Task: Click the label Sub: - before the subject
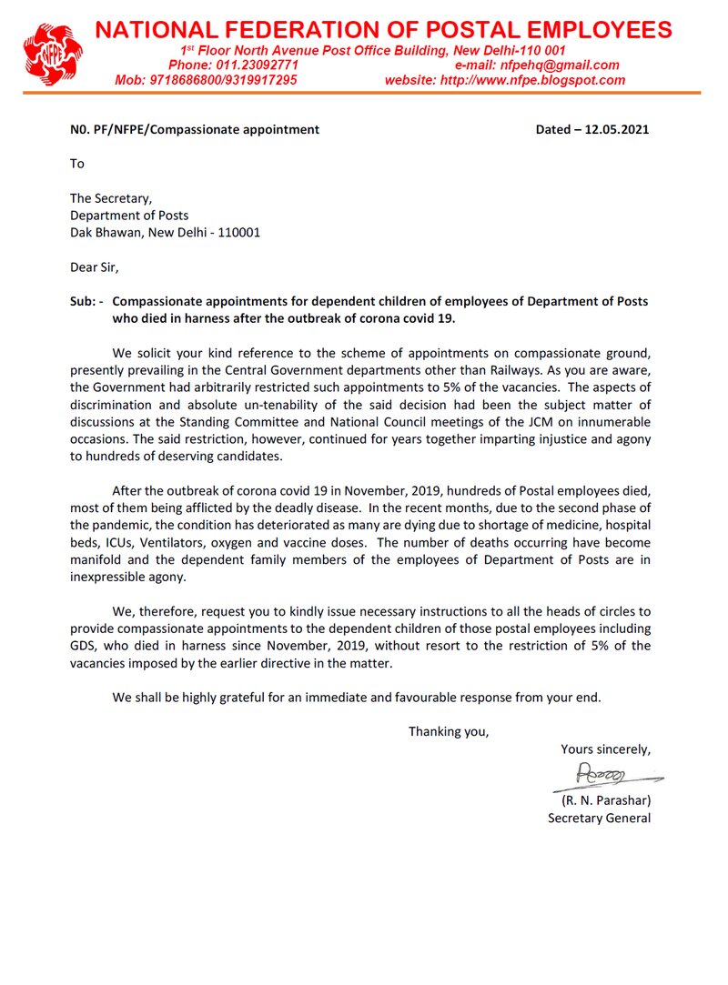87,302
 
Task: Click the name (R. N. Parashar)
604,801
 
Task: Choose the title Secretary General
599,818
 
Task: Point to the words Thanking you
448,731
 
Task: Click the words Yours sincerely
605,749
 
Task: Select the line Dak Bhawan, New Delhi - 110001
165,232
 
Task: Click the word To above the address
77,164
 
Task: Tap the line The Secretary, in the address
111,198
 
